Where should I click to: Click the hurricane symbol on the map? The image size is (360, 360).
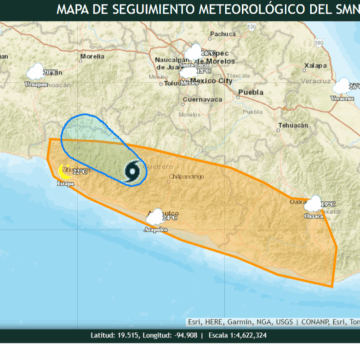coord(133,171)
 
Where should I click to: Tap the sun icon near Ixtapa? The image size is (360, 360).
coord(67,172)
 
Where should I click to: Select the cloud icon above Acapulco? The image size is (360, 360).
coord(156,216)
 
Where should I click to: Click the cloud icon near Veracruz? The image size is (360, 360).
coord(343,87)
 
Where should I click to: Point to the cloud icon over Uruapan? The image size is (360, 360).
coord(38,72)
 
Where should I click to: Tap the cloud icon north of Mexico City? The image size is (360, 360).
coord(192,52)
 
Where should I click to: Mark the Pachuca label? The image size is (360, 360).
coord(222,47)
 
